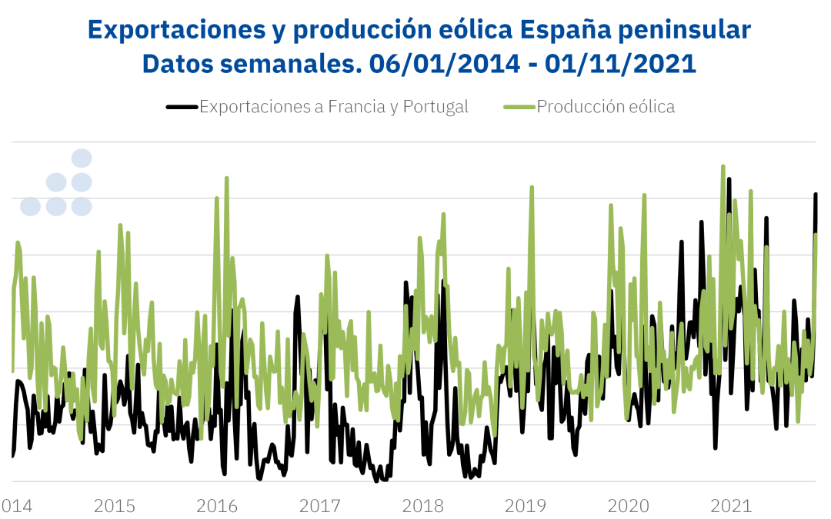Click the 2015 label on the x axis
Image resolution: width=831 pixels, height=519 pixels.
point(115,506)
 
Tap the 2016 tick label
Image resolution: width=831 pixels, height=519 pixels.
point(217,506)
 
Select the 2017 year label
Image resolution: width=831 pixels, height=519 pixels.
point(320,506)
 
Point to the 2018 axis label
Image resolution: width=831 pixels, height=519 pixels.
point(422,506)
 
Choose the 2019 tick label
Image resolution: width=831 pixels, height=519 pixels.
point(526,506)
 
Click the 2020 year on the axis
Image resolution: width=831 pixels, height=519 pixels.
point(629,506)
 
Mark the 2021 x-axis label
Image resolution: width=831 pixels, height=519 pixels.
point(731,506)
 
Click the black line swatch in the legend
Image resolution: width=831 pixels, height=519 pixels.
point(182,107)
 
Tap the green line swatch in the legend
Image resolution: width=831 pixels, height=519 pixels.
point(519,107)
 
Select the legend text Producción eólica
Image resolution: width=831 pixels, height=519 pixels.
point(606,107)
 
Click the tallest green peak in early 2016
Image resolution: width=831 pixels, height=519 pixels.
point(226,178)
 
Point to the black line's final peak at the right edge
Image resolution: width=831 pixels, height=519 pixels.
point(816,194)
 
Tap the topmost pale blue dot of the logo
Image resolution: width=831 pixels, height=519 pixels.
point(82,158)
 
